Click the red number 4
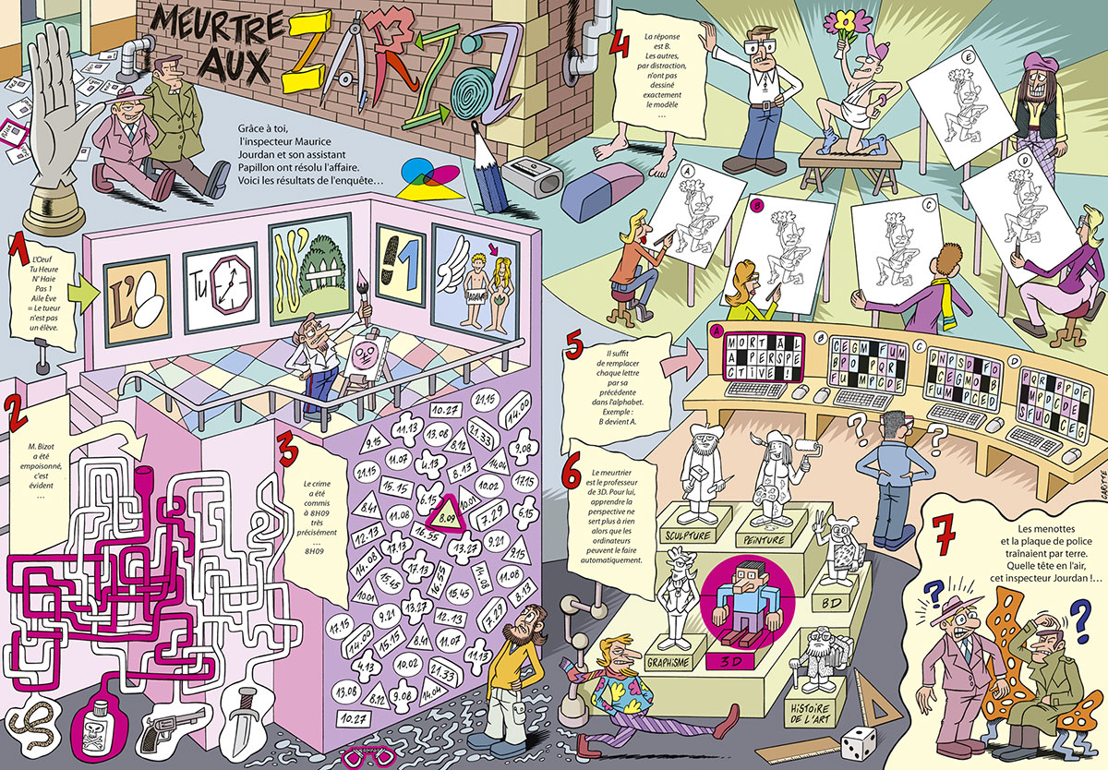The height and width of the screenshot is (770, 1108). pos(621,42)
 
